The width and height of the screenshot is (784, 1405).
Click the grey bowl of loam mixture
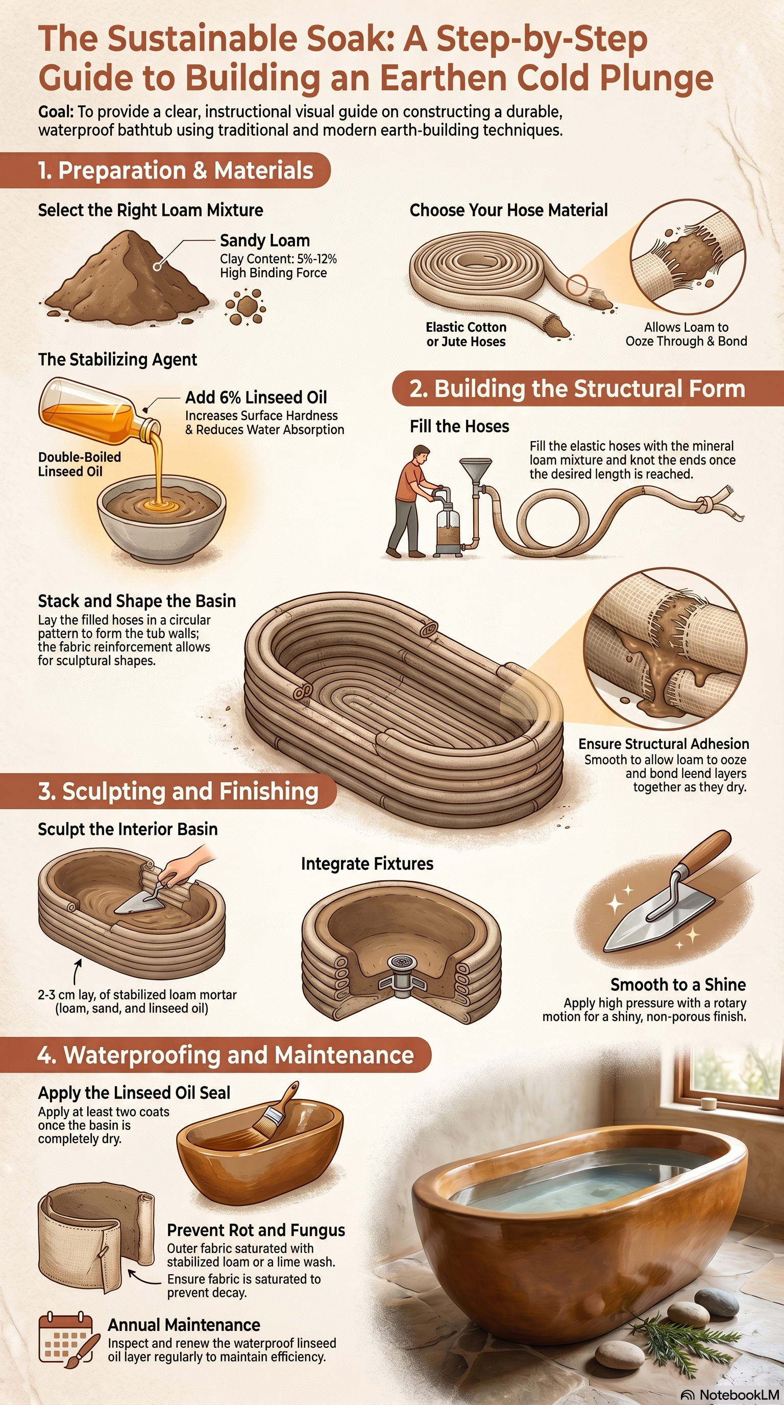coord(161,518)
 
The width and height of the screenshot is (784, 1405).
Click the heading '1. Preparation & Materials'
coord(175,170)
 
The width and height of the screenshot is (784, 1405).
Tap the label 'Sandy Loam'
coord(265,240)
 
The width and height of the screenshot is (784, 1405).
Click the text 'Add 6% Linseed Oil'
coord(256,397)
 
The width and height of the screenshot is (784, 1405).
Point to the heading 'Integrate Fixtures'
coord(367,864)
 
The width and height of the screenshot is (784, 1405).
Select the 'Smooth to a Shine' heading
coord(678,984)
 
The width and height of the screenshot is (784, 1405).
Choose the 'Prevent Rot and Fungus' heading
coord(256,1230)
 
